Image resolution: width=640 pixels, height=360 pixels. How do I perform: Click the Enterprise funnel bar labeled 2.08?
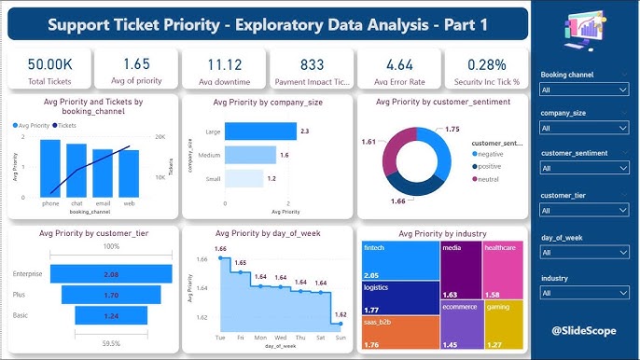[112, 274]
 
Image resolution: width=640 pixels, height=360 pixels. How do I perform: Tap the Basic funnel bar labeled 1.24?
[112, 316]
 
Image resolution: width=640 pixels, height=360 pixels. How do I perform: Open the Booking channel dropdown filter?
[584, 90]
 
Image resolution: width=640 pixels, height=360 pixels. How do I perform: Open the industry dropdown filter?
[584, 292]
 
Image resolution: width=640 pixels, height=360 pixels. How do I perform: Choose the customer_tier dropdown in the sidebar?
[584, 211]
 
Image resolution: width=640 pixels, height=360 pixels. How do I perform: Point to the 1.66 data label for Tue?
[220, 249]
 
